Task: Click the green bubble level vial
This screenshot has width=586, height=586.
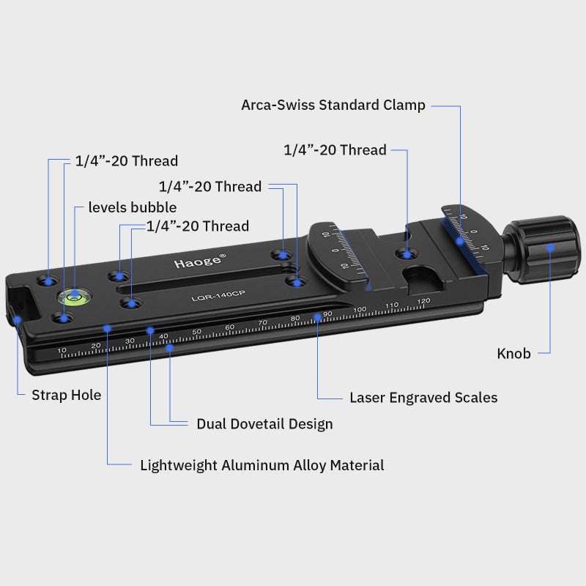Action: (x=73, y=296)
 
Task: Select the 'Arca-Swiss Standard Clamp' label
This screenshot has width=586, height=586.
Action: (x=333, y=105)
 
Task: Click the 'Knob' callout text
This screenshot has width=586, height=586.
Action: (x=513, y=354)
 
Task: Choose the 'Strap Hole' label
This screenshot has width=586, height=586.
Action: (x=66, y=396)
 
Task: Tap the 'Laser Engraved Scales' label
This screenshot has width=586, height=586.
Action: (x=423, y=398)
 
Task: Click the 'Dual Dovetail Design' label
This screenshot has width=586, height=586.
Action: (x=264, y=424)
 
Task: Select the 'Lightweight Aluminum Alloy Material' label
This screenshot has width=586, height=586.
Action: (x=262, y=465)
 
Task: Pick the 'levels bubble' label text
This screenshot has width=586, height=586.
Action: (x=133, y=207)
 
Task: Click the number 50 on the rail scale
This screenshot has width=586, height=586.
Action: (x=196, y=333)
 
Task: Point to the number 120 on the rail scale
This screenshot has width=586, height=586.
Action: (x=423, y=302)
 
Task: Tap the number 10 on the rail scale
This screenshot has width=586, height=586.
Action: (x=62, y=351)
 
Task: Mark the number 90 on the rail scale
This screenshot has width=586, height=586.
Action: (x=327, y=314)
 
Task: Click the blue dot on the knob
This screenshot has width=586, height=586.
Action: (x=550, y=247)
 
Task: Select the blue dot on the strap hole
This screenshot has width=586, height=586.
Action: (x=16, y=319)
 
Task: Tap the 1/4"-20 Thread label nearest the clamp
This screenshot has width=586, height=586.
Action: (x=335, y=150)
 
